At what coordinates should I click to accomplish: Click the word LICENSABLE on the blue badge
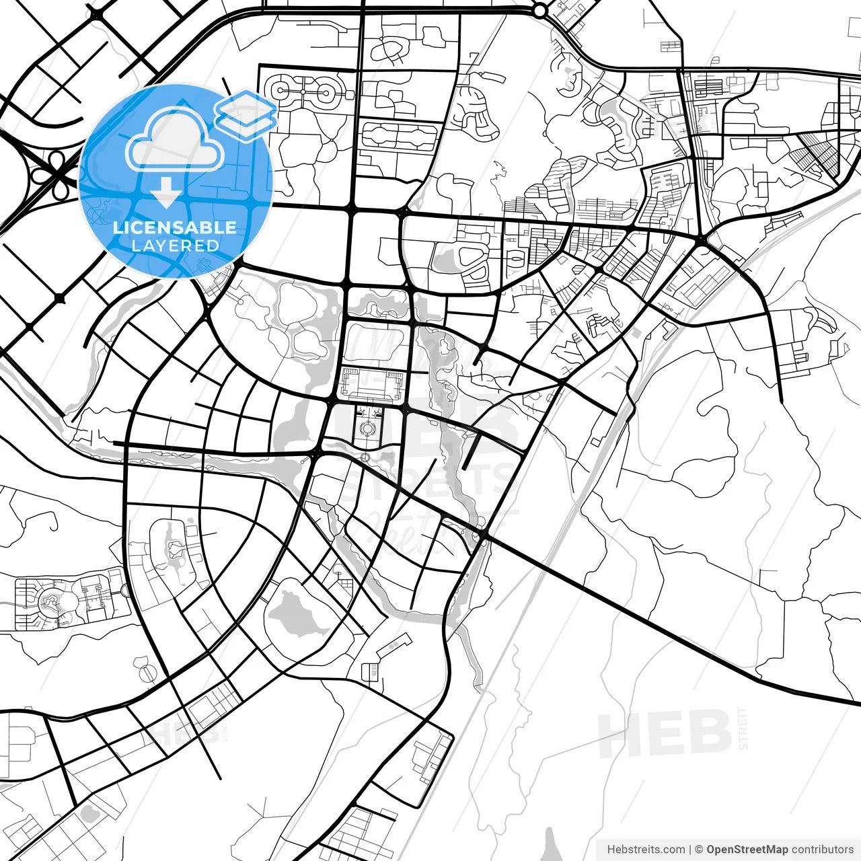coord(175,227)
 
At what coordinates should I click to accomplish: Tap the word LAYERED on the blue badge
coord(175,246)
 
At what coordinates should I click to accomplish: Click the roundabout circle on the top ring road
coord(539,10)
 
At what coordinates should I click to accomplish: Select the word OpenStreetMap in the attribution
coord(747,850)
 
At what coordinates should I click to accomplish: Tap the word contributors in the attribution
coord(822,850)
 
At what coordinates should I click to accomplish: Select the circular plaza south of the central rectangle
coord(367,428)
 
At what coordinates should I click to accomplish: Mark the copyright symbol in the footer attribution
coord(698,850)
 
